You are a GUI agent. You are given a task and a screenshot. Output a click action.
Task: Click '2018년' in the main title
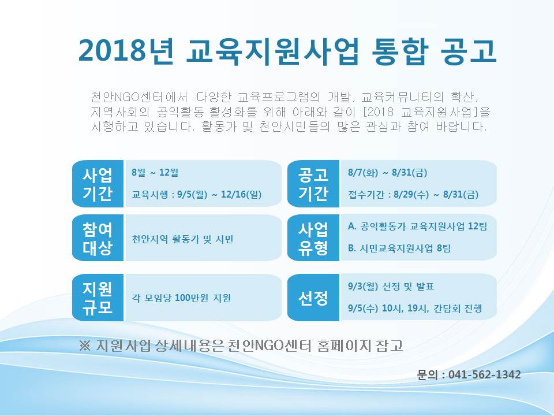click(x=126, y=51)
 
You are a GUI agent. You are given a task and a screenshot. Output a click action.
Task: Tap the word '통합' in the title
click(x=400, y=51)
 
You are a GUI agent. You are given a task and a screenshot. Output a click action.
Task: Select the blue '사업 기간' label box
click(x=98, y=184)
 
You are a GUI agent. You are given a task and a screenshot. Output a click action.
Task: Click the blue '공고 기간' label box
click(x=313, y=184)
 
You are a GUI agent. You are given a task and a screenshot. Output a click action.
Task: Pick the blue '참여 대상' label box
click(x=98, y=237)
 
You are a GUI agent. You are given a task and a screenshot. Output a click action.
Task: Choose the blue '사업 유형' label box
click(x=313, y=237)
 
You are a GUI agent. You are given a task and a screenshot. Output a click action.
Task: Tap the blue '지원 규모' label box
click(x=98, y=298)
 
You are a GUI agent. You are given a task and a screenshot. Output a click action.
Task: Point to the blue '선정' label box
click(x=313, y=298)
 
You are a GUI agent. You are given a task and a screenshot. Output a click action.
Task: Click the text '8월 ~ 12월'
click(x=155, y=173)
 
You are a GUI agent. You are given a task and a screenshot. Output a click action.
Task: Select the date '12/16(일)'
click(x=241, y=194)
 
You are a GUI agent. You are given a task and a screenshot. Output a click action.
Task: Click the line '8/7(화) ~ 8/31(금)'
click(x=388, y=173)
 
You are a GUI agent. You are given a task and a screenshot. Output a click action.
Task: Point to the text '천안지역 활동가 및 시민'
click(x=182, y=239)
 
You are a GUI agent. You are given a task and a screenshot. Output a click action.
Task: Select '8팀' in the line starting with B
click(x=444, y=248)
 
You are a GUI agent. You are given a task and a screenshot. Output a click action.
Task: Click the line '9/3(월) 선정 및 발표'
click(x=391, y=286)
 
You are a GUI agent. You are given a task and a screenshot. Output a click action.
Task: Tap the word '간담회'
click(x=447, y=308)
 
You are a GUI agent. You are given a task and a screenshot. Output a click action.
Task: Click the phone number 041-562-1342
click(x=484, y=374)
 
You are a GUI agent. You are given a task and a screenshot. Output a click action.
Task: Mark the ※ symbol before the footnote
click(x=85, y=346)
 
